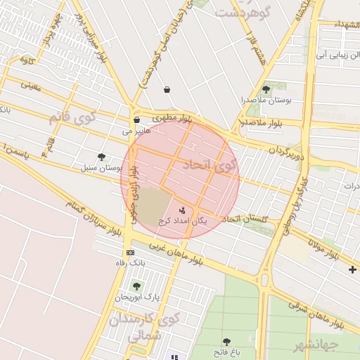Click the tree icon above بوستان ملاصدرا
(x=266, y=89)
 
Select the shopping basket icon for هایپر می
(x=136, y=120)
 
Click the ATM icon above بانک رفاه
(x=130, y=252)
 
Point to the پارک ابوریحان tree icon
(x=136, y=286)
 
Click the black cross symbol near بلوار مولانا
(x=352, y=269)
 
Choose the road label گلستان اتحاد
(x=245, y=219)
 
